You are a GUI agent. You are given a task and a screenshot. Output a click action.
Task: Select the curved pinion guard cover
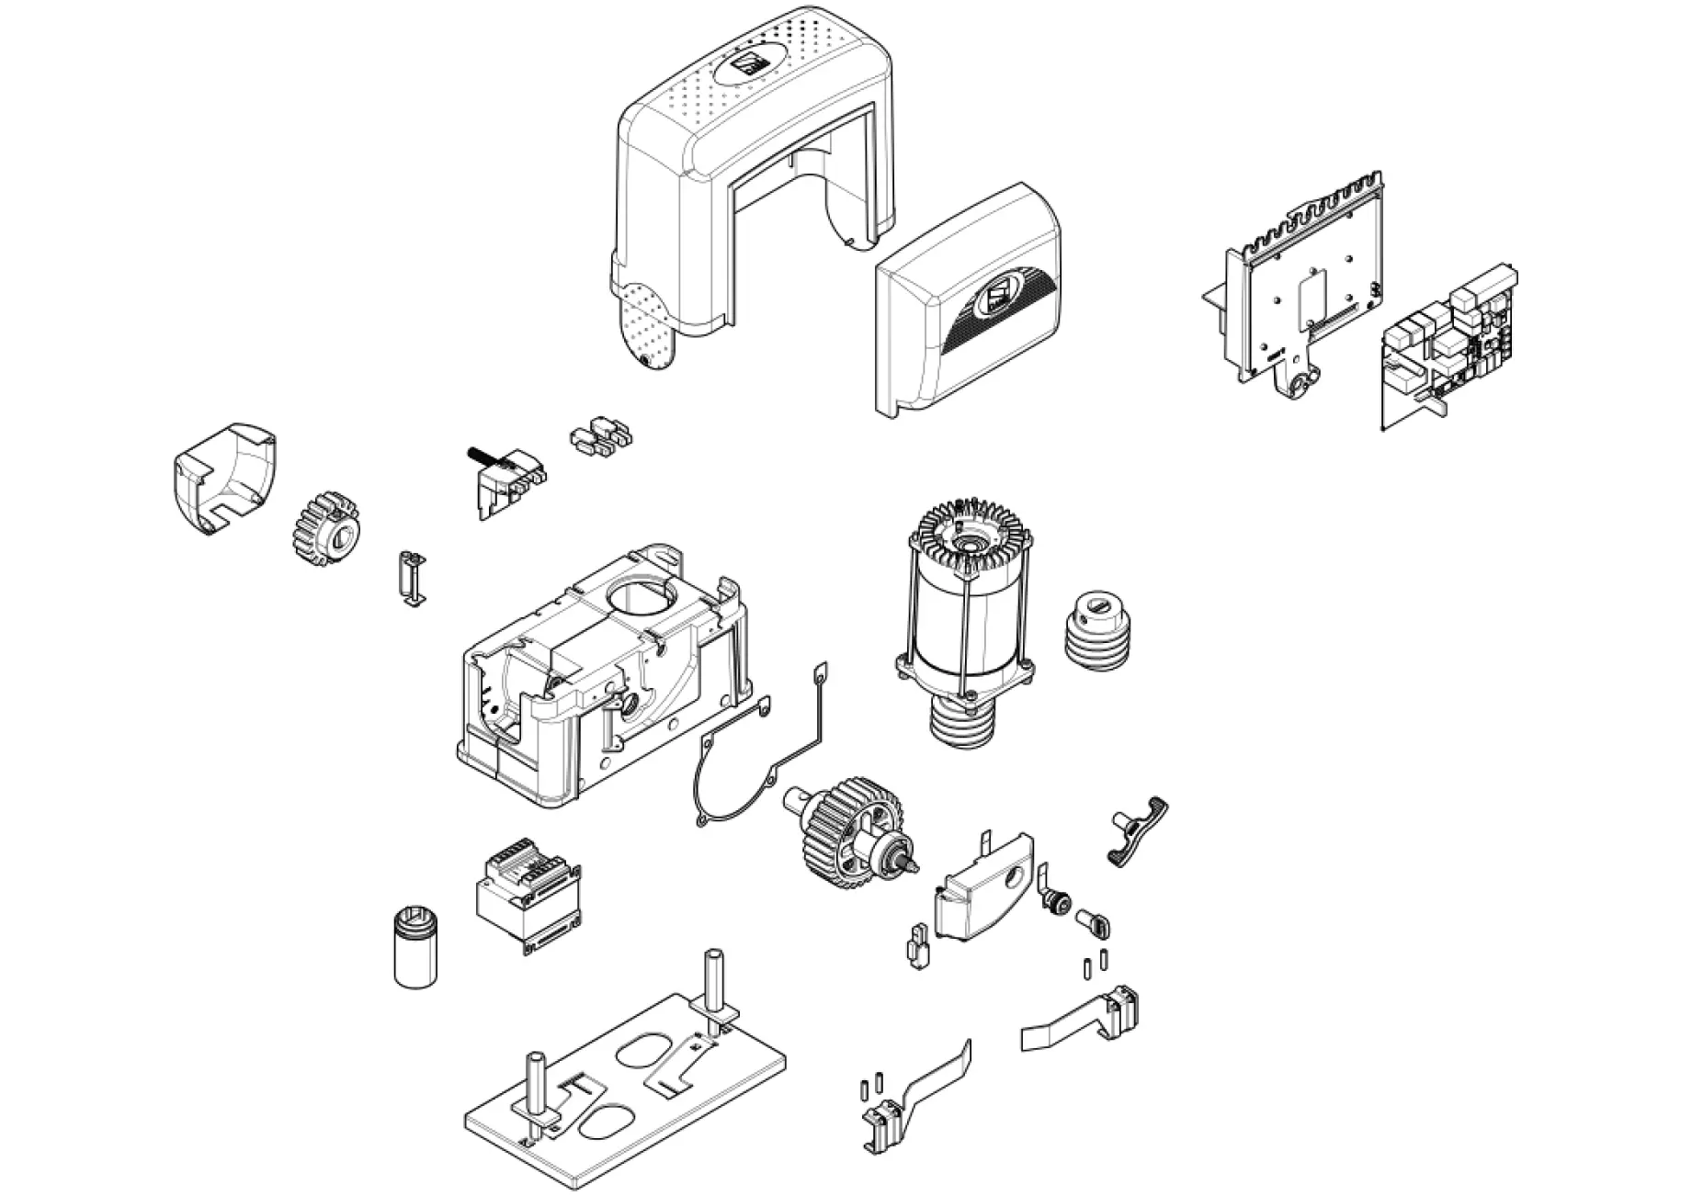tap(225, 478)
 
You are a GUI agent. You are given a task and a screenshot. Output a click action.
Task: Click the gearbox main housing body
tap(597, 680)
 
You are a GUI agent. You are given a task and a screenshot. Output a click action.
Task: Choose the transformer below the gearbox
tap(528, 896)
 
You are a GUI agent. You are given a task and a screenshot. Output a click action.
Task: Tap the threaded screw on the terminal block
tap(480, 455)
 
